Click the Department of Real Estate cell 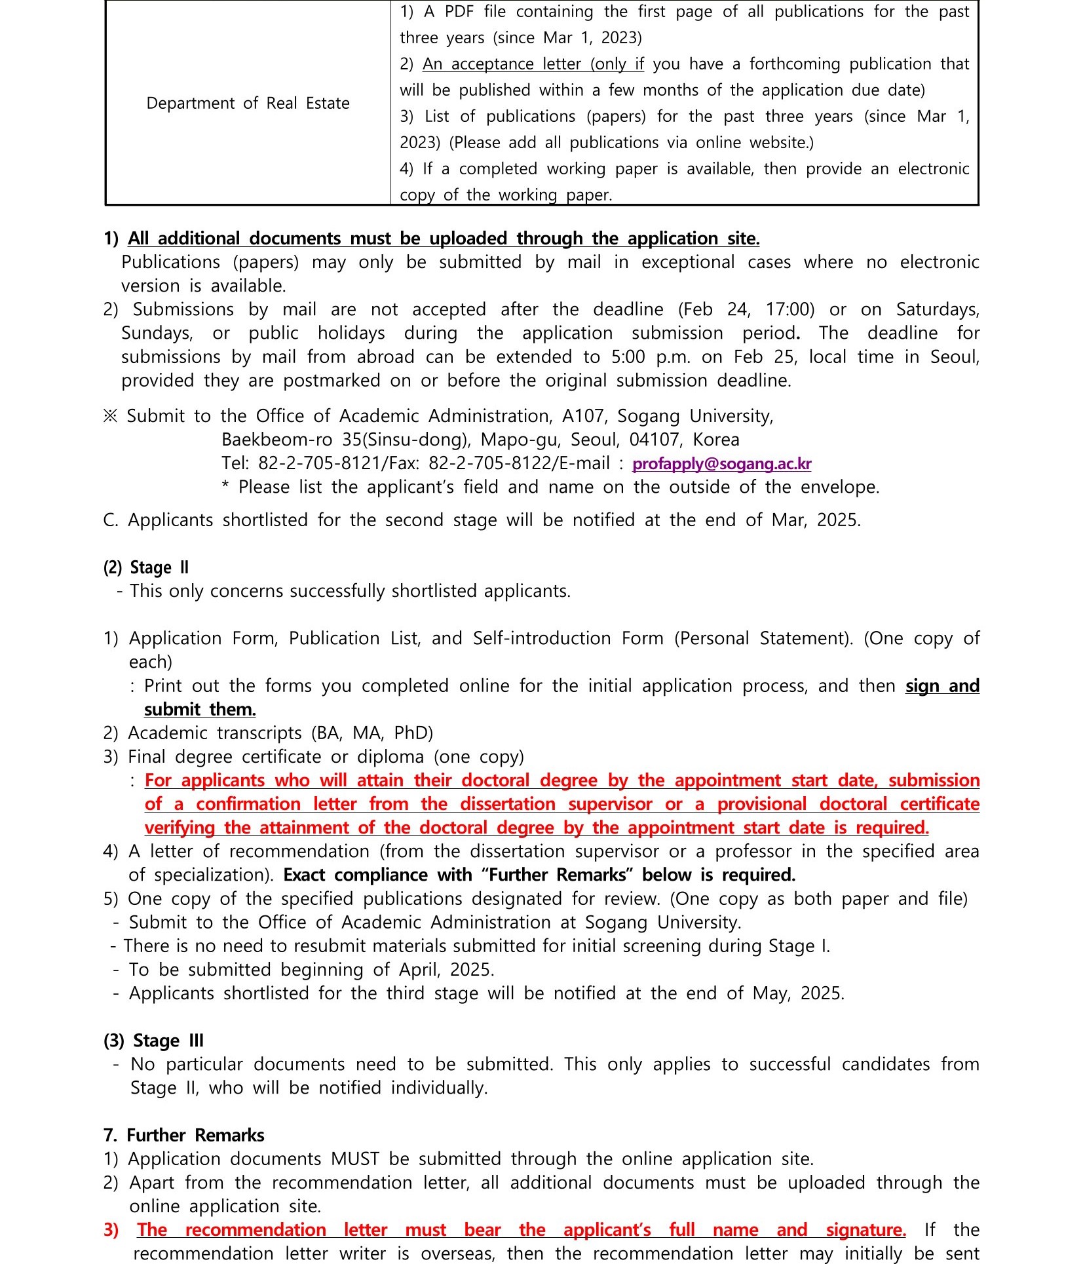248,104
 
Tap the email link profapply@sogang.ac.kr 721,464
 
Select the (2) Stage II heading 146,567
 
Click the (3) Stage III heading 153,1041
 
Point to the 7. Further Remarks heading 184,1135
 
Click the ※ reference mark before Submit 110,416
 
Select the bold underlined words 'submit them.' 200,710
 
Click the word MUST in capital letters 355,1159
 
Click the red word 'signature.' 865,1230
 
